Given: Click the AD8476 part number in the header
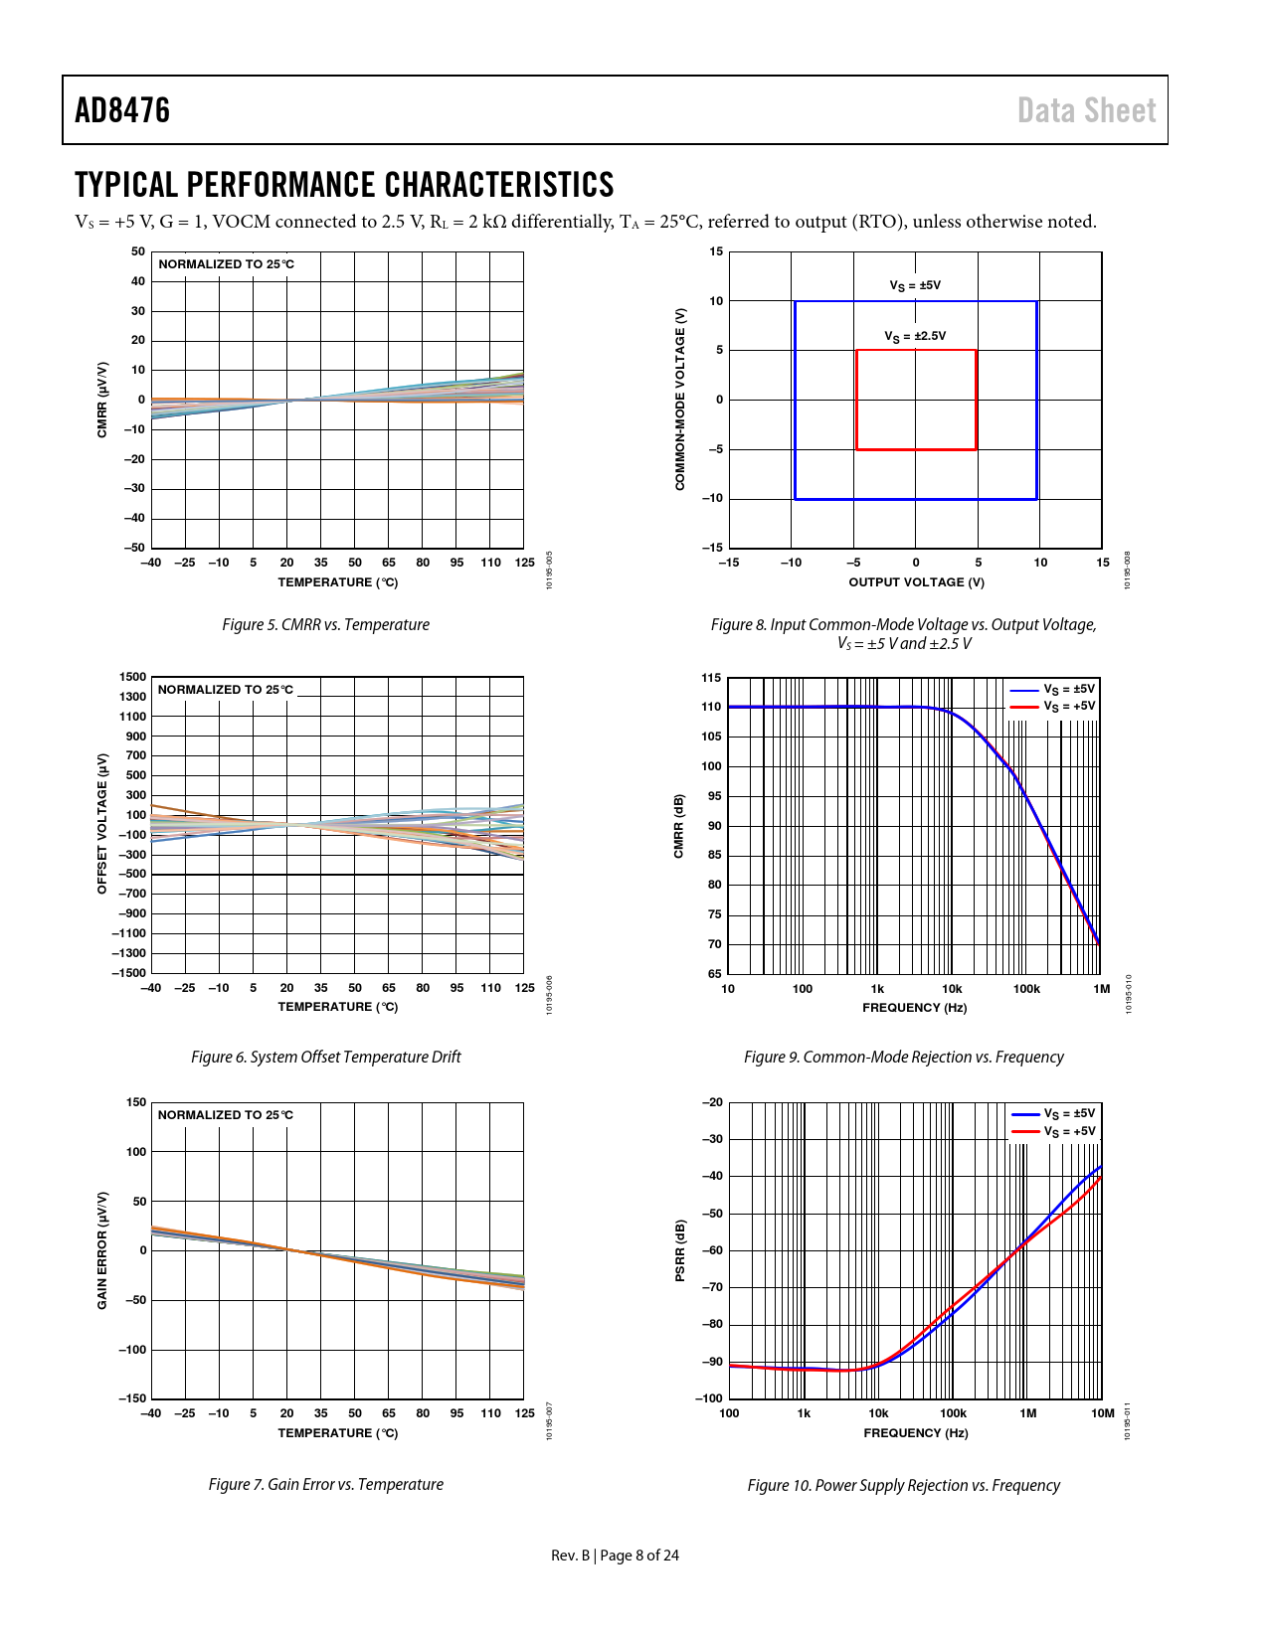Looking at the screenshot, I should pyautogui.click(x=122, y=110).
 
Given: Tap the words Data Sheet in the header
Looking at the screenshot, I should pyautogui.click(x=1086, y=110).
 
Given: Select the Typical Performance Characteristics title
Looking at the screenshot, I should pyautogui.click(x=344, y=186).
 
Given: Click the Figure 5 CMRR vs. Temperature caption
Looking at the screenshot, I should pyautogui.click(x=325, y=624).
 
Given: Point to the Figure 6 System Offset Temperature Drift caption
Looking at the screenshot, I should pyautogui.click(x=325, y=1057).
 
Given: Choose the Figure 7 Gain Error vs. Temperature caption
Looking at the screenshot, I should pyautogui.click(x=325, y=1484).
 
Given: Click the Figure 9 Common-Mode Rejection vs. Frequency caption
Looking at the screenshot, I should pyautogui.click(x=903, y=1057).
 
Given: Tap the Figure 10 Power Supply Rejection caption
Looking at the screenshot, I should pyautogui.click(x=903, y=1485).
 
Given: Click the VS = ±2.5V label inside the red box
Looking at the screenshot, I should pyautogui.click(x=915, y=336).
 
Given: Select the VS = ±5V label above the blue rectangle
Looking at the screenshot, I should pyautogui.click(x=915, y=285).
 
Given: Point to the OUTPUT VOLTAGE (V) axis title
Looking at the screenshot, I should pyautogui.click(x=916, y=582).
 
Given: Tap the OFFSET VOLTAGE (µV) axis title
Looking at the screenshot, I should pyautogui.click(x=102, y=823).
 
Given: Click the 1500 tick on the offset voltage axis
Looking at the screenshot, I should pyautogui.click(x=132, y=677).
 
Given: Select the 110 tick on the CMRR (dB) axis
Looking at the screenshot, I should pyautogui.click(x=711, y=707).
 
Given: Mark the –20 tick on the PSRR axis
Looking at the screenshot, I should pyautogui.click(x=712, y=1102).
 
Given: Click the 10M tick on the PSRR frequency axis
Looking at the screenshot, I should pyautogui.click(x=1102, y=1413).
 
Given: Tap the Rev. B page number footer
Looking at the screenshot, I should pyautogui.click(x=615, y=1556).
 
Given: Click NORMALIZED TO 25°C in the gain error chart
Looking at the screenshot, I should pyautogui.click(x=226, y=1115).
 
